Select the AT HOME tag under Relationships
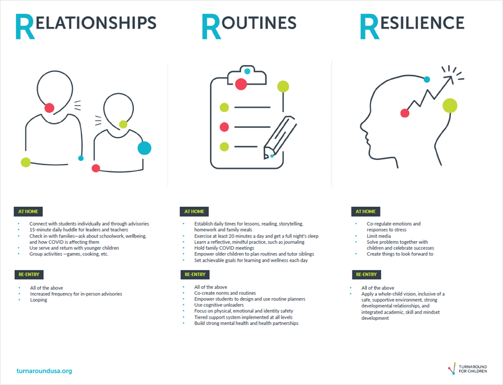(x=27, y=211)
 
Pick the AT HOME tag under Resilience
(x=366, y=211)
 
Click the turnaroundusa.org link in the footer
(x=45, y=371)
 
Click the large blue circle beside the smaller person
(x=144, y=148)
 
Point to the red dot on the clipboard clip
(x=241, y=84)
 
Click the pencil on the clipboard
(x=279, y=137)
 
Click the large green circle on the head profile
(x=450, y=106)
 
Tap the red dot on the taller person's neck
(x=49, y=107)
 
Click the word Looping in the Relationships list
(x=38, y=300)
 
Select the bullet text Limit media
(x=378, y=236)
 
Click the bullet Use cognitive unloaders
(x=219, y=305)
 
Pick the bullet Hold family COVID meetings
(x=224, y=248)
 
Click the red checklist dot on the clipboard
(x=224, y=127)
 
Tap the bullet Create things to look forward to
(x=399, y=254)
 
